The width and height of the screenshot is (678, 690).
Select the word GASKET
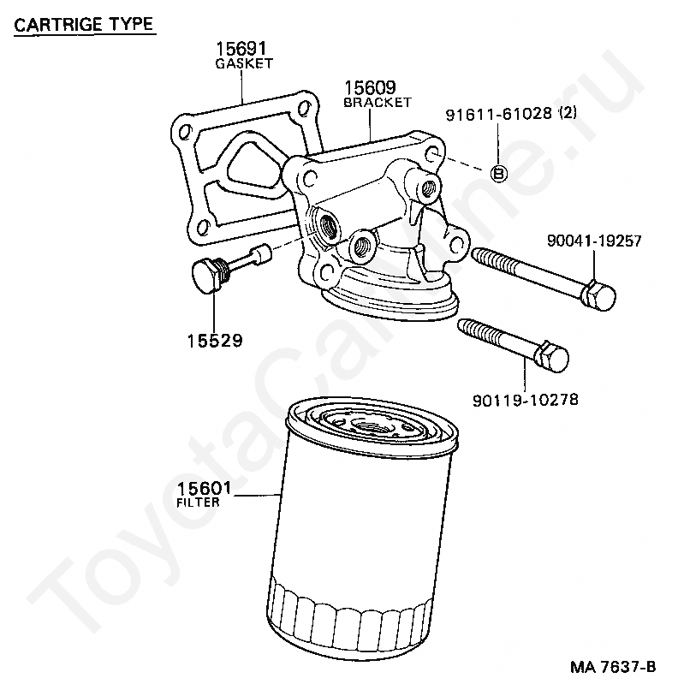pos(244,63)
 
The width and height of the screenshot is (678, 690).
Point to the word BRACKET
pos(378,102)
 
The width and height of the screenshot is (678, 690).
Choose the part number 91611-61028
pos(498,115)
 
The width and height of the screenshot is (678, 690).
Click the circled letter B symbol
pos(498,173)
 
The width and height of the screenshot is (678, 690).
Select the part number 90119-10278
pos(523,399)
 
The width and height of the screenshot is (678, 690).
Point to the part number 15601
pos(205,489)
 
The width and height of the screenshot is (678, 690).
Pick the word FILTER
pos(198,503)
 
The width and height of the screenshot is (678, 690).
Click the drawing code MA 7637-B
pos(614,667)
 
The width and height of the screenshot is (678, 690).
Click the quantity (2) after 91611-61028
pos(569,115)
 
